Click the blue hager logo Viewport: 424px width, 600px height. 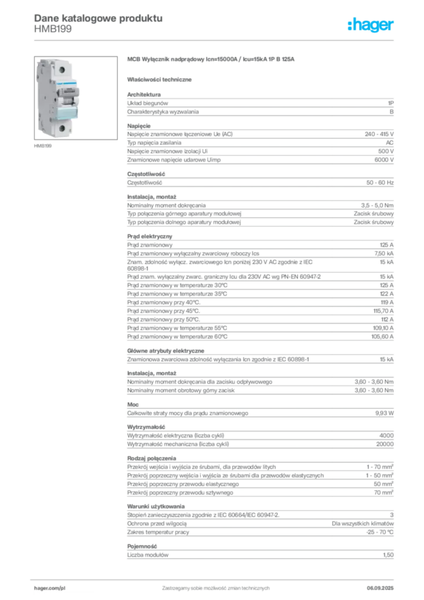[x=371, y=25]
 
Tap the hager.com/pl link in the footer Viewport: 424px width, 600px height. [x=49, y=587]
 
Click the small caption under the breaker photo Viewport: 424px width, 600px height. [x=45, y=145]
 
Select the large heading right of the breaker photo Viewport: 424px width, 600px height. [x=213, y=60]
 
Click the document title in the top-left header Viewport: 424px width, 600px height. [x=97, y=18]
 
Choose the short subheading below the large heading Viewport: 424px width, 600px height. [x=162, y=79]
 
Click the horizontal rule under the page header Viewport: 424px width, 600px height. [x=216, y=40]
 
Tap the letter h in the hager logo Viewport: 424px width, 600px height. [x=351, y=25]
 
